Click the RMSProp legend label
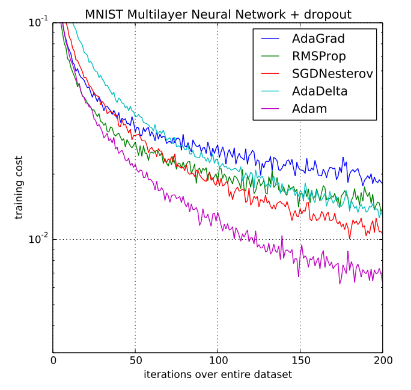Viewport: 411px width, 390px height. (x=319, y=56)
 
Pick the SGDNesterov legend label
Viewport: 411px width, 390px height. (x=332, y=74)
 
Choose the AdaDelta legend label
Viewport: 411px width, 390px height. (x=320, y=91)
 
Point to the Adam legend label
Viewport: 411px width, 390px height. (x=309, y=109)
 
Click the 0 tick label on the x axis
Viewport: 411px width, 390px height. (x=53, y=361)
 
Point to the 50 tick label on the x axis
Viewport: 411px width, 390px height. (x=135, y=361)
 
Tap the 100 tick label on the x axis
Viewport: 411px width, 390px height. (x=218, y=361)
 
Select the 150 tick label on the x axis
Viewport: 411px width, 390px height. (x=300, y=361)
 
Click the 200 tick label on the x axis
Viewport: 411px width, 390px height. (x=382, y=361)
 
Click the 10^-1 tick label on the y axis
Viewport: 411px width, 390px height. (x=38, y=22)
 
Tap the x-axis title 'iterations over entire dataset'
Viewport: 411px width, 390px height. (x=218, y=375)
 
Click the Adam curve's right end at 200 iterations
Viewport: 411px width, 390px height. (x=382, y=278)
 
